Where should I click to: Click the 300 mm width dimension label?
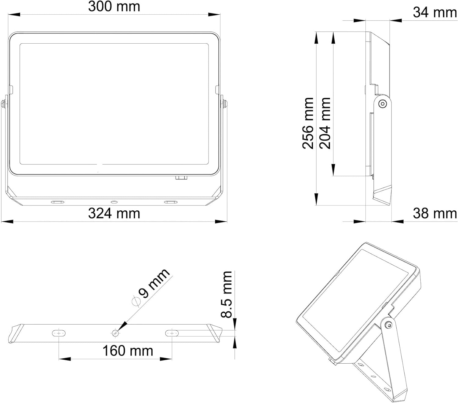click(114, 7)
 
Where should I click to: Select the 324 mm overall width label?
click(114, 213)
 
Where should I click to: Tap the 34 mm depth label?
click(434, 13)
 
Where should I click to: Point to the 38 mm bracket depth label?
click(434, 213)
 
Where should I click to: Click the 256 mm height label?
click(308, 123)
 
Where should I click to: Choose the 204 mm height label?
click(325, 123)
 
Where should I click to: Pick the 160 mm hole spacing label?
click(127, 351)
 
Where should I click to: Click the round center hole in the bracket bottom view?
click(115, 333)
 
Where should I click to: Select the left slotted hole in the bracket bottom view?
click(59, 333)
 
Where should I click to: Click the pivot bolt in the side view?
click(382, 104)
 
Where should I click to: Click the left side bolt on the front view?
click(3, 104)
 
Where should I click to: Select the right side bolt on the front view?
click(224, 104)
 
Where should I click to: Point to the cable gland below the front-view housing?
click(181, 177)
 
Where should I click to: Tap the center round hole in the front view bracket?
click(114, 202)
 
